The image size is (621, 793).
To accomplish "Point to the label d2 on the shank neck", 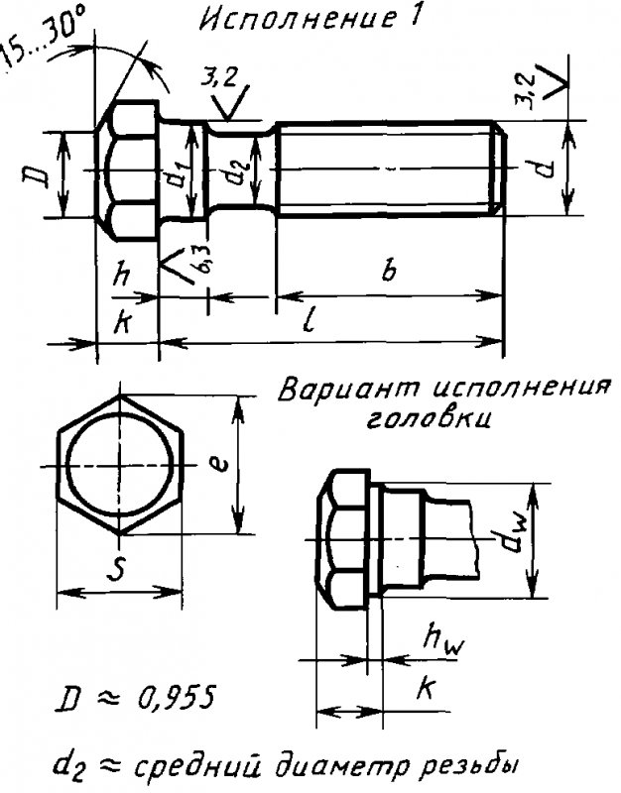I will tap(238, 176).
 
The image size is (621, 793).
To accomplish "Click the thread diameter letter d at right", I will tap(543, 170).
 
